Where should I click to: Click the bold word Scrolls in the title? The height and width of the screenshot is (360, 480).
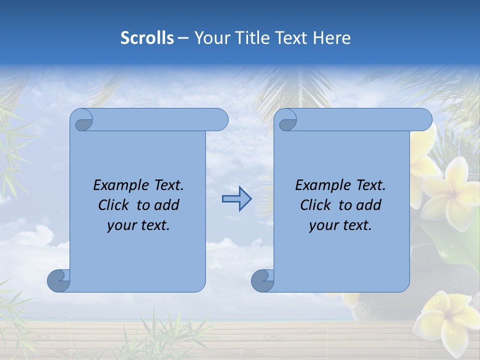tap(147, 37)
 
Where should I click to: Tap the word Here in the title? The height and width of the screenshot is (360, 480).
tap(331, 37)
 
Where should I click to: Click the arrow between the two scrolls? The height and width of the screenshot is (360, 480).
tap(236, 199)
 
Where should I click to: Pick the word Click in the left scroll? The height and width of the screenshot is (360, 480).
tap(116, 205)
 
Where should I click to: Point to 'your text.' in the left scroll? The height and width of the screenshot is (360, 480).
tap(138, 225)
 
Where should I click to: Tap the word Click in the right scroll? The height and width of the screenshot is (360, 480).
tap(318, 205)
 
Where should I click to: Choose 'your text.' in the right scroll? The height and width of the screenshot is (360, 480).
tap(340, 225)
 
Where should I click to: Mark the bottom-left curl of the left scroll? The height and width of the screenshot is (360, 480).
tap(58, 280)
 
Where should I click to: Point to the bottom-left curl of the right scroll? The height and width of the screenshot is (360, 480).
tap(262, 280)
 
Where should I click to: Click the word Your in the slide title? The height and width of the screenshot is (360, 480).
tap(210, 37)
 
